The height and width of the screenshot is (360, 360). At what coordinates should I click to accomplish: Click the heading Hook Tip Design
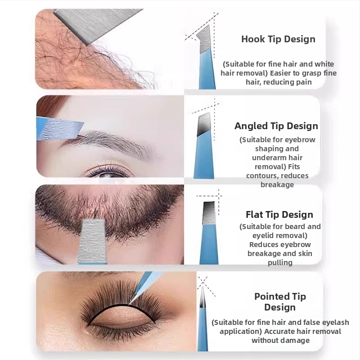(x=278, y=39)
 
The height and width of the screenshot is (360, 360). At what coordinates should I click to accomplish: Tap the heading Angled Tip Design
(x=276, y=126)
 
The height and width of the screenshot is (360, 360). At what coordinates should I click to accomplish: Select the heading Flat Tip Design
(x=279, y=215)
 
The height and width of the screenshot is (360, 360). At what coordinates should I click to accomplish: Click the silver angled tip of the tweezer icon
(x=204, y=125)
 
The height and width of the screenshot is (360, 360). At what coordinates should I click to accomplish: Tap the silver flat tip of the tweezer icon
(x=209, y=212)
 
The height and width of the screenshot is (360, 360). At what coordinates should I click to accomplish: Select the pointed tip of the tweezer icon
(x=203, y=297)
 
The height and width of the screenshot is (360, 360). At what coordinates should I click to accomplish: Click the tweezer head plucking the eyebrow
(x=60, y=128)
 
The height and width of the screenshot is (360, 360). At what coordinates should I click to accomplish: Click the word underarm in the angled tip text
(x=267, y=158)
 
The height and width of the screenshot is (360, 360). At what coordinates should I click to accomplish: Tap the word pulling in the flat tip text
(x=280, y=263)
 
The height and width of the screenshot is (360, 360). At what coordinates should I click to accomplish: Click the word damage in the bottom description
(x=296, y=341)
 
